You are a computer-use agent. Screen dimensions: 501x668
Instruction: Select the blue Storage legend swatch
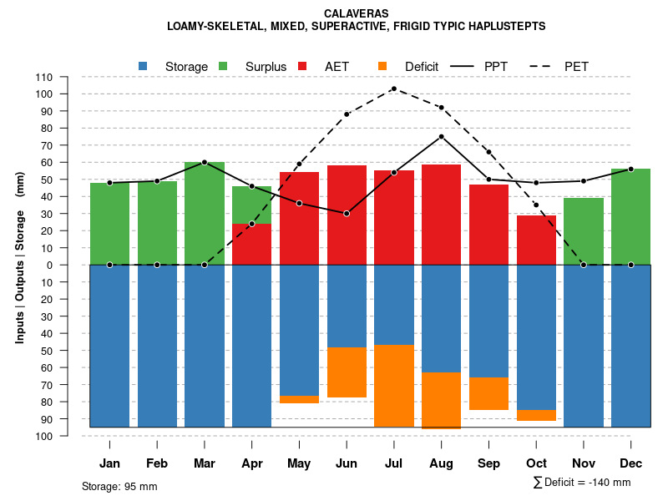tap(144, 66)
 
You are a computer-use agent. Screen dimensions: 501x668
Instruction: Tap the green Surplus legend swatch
tap(223, 66)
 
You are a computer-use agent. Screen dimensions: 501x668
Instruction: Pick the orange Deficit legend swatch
tap(382, 66)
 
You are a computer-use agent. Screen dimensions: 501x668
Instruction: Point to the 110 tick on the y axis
tap(44, 77)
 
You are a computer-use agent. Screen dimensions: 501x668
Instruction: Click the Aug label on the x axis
tap(441, 463)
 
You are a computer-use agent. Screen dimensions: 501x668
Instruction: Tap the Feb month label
tap(157, 463)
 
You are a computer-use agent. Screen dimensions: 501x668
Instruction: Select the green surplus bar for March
tap(205, 213)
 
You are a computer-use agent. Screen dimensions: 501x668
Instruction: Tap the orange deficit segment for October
tap(536, 415)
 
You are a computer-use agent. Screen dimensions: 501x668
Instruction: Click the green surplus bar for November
tap(584, 231)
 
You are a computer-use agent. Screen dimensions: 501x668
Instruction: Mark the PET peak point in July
tap(394, 89)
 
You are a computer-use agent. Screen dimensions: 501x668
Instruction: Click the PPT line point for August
tap(441, 136)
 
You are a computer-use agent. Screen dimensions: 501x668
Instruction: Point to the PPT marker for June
tap(347, 213)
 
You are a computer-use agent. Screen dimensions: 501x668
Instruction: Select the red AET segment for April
tap(251, 244)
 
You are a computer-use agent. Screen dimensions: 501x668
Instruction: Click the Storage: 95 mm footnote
tap(119, 486)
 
